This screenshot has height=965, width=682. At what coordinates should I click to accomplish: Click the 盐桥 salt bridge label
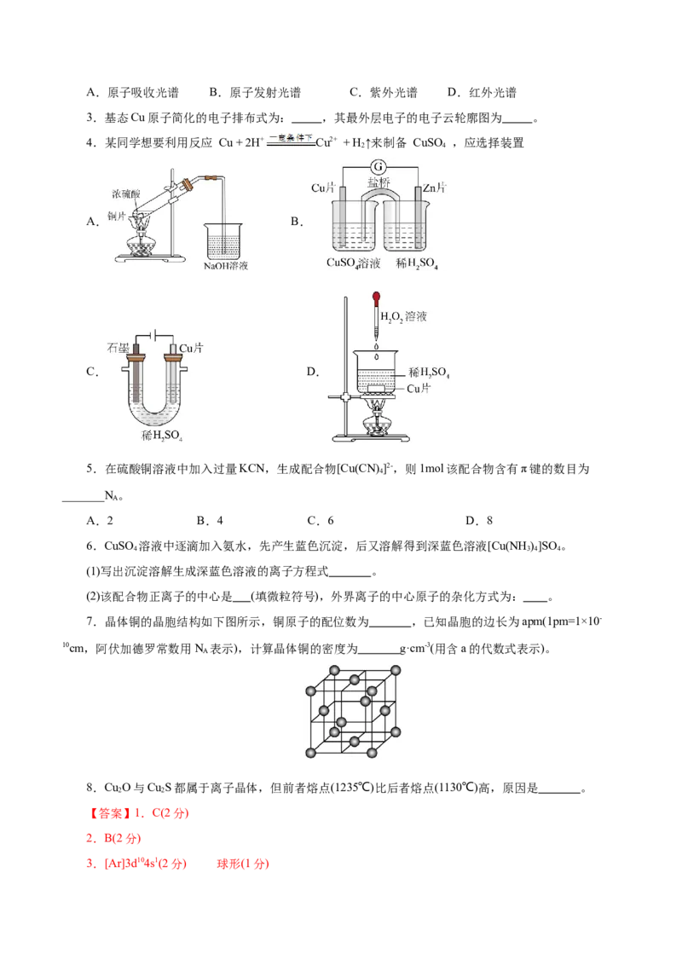click(379, 183)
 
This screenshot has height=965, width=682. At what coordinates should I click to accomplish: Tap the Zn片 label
click(434, 187)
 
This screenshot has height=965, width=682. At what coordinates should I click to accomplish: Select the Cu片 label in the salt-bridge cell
click(323, 187)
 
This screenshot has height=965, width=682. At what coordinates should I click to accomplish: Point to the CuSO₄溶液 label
click(353, 263)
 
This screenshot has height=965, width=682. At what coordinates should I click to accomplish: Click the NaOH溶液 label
click(226, 266)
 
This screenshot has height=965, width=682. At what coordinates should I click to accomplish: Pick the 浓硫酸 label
click(127, 194)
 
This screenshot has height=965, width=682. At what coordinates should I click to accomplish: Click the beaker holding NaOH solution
click(223, 242)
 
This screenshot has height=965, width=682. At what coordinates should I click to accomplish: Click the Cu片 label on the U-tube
click(191, 348)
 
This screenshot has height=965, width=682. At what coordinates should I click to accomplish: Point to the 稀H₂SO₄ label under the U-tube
click(162, 436)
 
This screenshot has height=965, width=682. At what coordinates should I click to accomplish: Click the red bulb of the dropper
click(375, 299)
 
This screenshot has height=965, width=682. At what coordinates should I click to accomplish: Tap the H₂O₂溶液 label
click(403, 317)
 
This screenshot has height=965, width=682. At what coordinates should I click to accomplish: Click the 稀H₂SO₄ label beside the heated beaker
click(429, 373)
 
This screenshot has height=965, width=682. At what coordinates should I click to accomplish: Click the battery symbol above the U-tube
click(153, 335)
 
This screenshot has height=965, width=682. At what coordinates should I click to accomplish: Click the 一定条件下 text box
click(290, 140)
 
